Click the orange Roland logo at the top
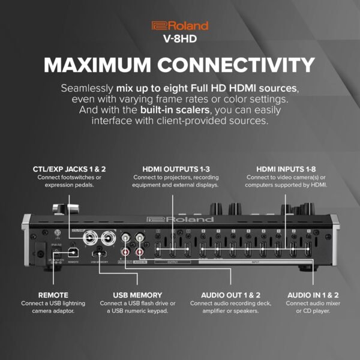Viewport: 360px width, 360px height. (x=180, y=26)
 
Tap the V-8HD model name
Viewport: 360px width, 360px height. (x=180, y=40)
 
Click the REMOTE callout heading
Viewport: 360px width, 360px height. (x=53, y=295)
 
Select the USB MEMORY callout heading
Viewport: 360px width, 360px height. (x=137, y=295)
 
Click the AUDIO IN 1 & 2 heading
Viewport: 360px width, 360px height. (x=313, y=295)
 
